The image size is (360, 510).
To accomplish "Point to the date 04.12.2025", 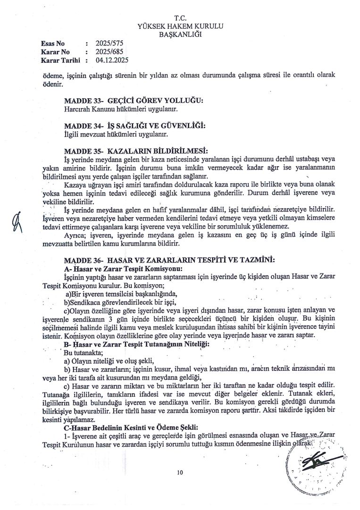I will pyautogui.click(x=112, y=60).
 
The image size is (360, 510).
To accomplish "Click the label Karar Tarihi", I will pyautogui.click(x=61, y=60).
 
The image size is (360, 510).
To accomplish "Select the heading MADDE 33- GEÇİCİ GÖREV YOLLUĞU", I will pyautogui.click(x=133, y=101).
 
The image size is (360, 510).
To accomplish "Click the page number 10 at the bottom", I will pyautogui.click(x=180, y=472).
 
